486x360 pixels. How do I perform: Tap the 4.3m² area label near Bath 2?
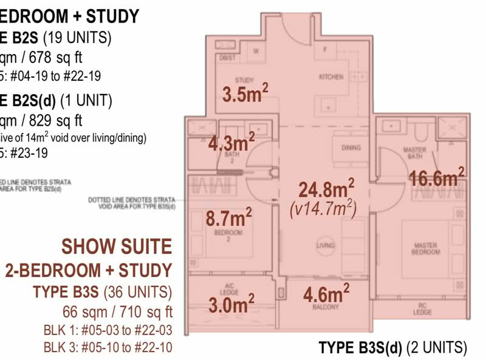point(231,143)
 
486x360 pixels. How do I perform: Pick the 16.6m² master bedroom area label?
point(436,178)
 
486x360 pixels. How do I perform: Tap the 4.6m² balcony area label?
point(326,294)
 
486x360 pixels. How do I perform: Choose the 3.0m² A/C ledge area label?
point(231,303)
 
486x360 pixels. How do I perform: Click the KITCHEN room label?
point(331,77)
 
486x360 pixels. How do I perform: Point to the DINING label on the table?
point(351,148)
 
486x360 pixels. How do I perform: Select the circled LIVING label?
point(326,245)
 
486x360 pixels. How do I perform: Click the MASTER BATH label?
point(415,152)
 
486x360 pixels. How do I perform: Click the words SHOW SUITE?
point(117,246)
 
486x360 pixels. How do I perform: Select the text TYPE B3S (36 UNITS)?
point(102,292)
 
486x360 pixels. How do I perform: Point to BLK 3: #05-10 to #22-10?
point(108,347)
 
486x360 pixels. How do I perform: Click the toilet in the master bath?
point(419,129)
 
